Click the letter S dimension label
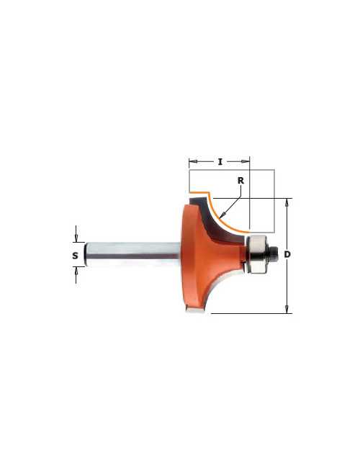point(75,256)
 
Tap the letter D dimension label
point(287,255)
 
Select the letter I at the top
point(220,162)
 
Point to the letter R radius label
point(240,181)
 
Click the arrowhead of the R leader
point(222,215)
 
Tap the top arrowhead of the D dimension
point(287,202)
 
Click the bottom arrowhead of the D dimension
point(287,310)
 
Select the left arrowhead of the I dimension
point(193,161)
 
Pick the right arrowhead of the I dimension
point(246,161)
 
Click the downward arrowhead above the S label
point(76,238)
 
